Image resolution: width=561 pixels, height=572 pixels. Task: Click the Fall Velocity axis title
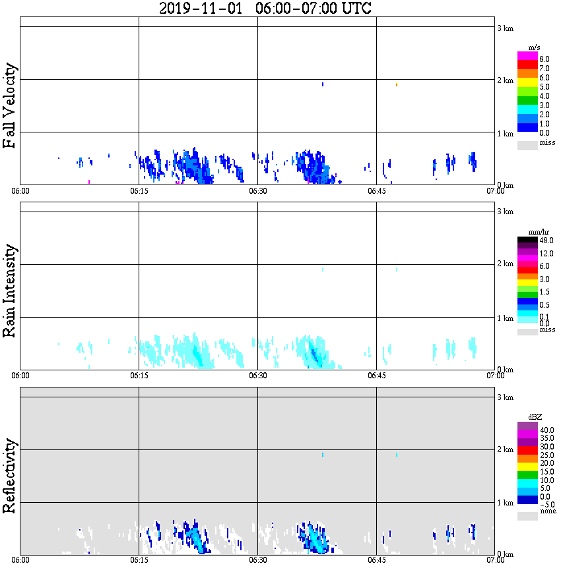point(10,106)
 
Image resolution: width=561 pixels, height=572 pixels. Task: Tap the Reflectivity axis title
point(10,472)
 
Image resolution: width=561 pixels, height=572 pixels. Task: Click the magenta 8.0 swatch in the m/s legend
point(527,56)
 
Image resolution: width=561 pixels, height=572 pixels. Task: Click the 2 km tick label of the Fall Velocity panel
point(505,80)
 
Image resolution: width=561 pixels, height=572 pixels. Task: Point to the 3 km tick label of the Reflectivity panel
point(505,397)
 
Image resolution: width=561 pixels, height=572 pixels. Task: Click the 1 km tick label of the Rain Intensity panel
point(505,318)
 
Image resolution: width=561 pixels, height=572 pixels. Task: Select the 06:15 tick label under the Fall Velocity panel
point(139,191)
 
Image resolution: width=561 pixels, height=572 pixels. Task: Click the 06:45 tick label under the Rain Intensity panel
point(376,376)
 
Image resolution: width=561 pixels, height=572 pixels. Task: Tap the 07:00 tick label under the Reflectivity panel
point(495,560)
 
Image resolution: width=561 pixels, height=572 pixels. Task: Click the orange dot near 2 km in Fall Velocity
point(397,85)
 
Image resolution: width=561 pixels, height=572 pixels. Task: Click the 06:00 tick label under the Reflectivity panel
point(20,560)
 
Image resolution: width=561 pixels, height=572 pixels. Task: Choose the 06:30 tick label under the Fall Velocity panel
point(257,191)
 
